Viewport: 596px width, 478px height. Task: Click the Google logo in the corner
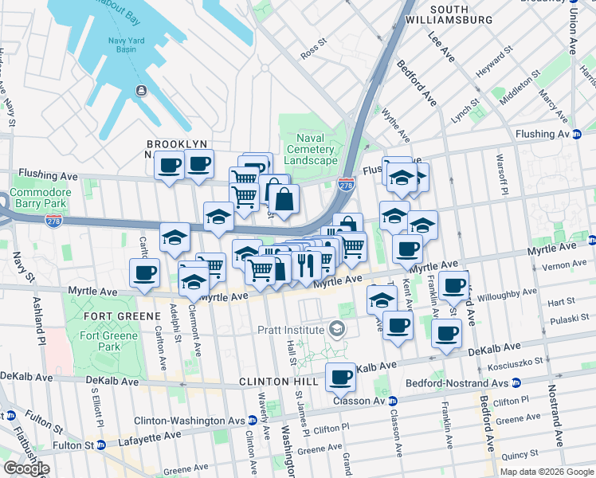(26, 468)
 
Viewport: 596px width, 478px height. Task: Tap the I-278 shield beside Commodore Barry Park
(54, 219)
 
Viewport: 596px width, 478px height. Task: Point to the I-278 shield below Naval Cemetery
(346, 184)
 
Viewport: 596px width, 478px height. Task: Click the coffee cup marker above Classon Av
(341, 377)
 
